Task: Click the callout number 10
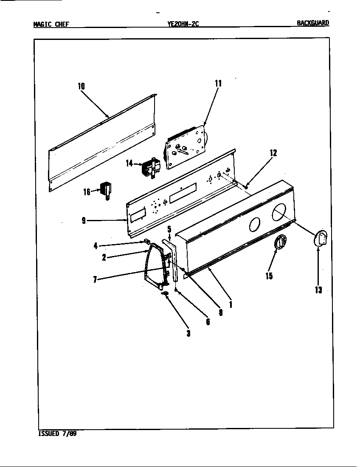pos(81,86)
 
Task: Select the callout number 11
pos(218,84)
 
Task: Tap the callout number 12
pos(274,153)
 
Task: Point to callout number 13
pos(318,290)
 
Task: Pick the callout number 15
pos(269,276)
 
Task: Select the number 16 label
pos(87,192)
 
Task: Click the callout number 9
pos(84,220)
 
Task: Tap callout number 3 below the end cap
pos(188,333)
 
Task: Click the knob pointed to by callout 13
pos(321,238)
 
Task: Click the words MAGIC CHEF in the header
pos(51,24)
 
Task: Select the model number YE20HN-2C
pos(183,24)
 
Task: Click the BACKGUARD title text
pos(313,23)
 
